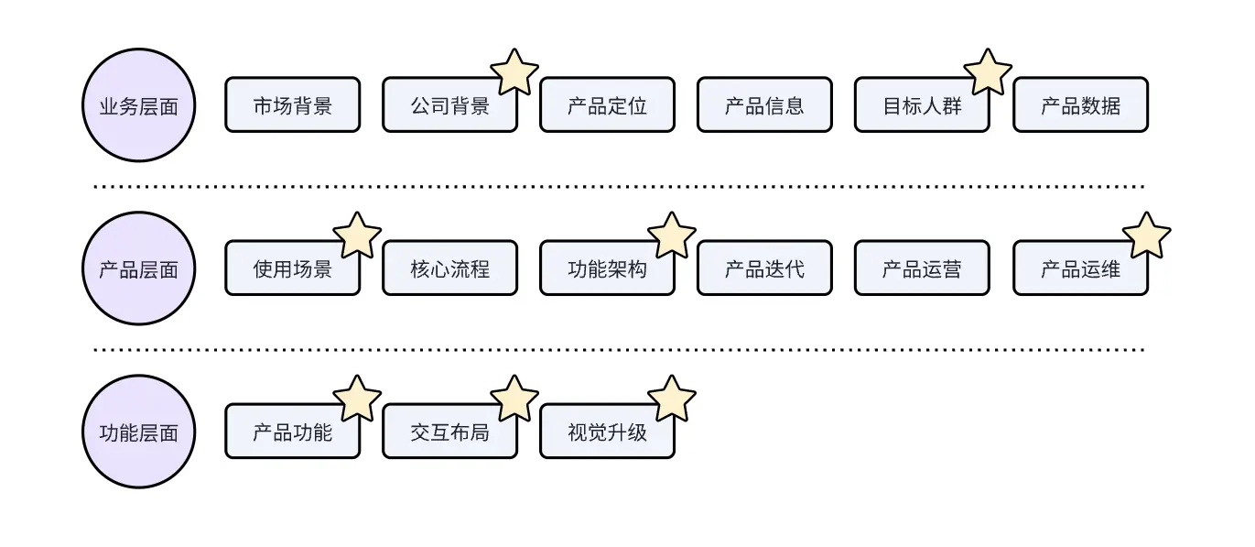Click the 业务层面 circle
click(x=138, y=105)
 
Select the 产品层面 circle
click(x=138, y=268)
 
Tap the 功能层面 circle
click(x=138, y=432)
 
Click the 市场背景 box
click(x=292, y=105)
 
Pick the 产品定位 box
click(x=607, y=105)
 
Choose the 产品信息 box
click(x=764, y=105)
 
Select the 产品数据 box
click(x=1080, y=105)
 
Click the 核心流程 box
click(x=449, y=268)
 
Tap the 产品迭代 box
click(x=764, y=268)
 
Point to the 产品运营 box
click(x=922, y=268)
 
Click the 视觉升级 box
click(x=607, y=432)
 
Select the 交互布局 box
click(x=449, y=432)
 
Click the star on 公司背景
click(x=514, y=72)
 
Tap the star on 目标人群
click(x=988, y=72)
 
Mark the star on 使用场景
click(x=357, y=235)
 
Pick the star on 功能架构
click(x=672, y=235)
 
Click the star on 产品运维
click(x=1146, y=235)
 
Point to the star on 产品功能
click(x=357, y=399)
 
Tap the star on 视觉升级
click(x=672, y=399)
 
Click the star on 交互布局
click(x=514, y=399)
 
